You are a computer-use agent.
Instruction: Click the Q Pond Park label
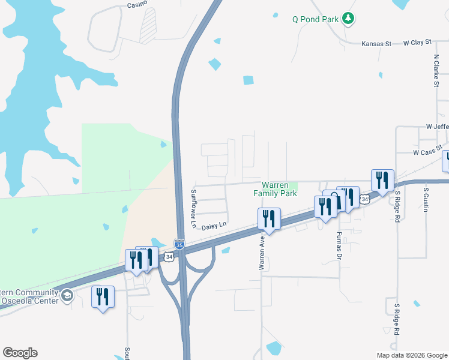[x=315, y=19]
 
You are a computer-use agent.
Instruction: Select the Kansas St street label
[x=376, y=44]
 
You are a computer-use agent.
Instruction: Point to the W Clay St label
[x=417, y=43]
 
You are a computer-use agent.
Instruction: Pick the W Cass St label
[x=427, y=153]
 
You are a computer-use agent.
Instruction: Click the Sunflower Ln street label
[x=194, y=208]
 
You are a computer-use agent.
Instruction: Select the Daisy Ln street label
[x=213, y=226]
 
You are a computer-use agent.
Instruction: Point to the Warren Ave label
[x=262, y=253]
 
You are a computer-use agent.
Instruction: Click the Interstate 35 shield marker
[x=179, y=244]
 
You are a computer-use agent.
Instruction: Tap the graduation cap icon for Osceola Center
[x=67, y=295]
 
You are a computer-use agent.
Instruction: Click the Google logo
[x=20, y=353]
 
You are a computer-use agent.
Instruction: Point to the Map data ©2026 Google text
[x=411, y=355]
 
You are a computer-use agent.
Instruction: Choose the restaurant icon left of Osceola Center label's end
[x=103, y=296]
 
